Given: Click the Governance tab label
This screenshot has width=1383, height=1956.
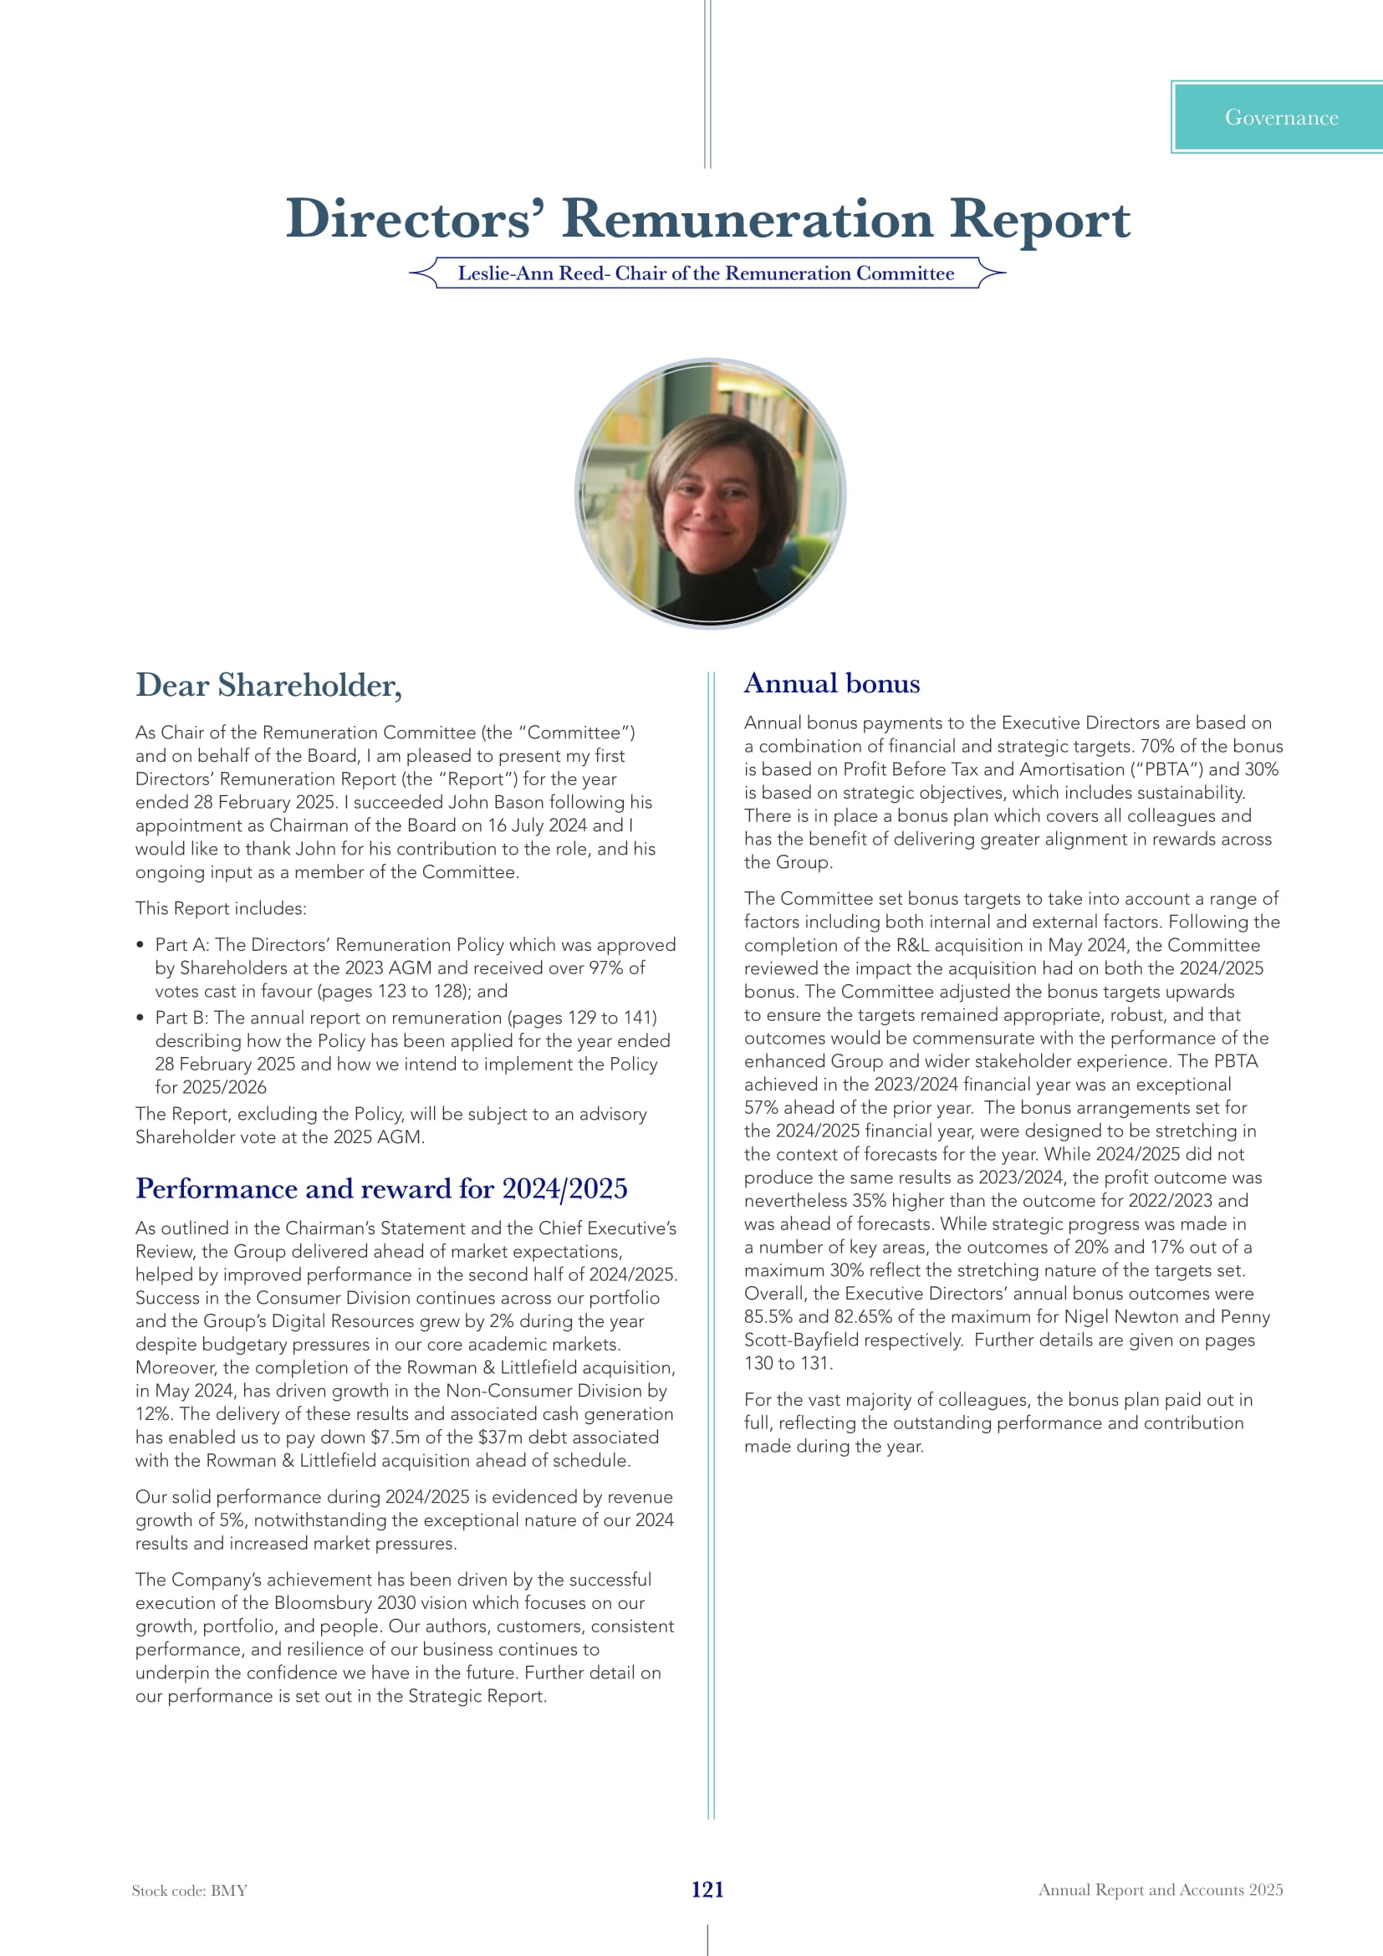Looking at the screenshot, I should pyautogui.click(x=1281, y=118).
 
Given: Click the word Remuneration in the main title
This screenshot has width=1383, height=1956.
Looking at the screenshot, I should pyautogui.click(x=747, y=219).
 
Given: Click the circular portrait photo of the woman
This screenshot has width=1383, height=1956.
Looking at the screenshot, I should pyautogui.click(x=710, y=494).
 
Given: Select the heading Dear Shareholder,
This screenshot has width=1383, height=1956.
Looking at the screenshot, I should pyautogui.click(x=268, y=686).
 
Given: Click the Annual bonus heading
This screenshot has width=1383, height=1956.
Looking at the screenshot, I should pyautogui.click(x=831, y=684).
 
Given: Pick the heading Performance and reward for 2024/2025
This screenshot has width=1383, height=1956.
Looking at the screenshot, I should pyautogui.click(x=380, y=1188).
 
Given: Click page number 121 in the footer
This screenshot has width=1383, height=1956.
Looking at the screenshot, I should pyautogui.click(x=707, y=1890).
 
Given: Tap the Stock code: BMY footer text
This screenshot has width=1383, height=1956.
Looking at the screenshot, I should pyautogui.click(x=189, y=1891).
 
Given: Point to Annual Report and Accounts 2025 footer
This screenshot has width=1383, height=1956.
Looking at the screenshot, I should pyautogui.click(x=1160, y=1890).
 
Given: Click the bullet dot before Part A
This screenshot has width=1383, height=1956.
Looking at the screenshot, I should pyautogui.click(x=140, y=945).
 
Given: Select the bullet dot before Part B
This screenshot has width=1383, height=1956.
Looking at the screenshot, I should pyautogui.click(x=140, y=1018).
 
